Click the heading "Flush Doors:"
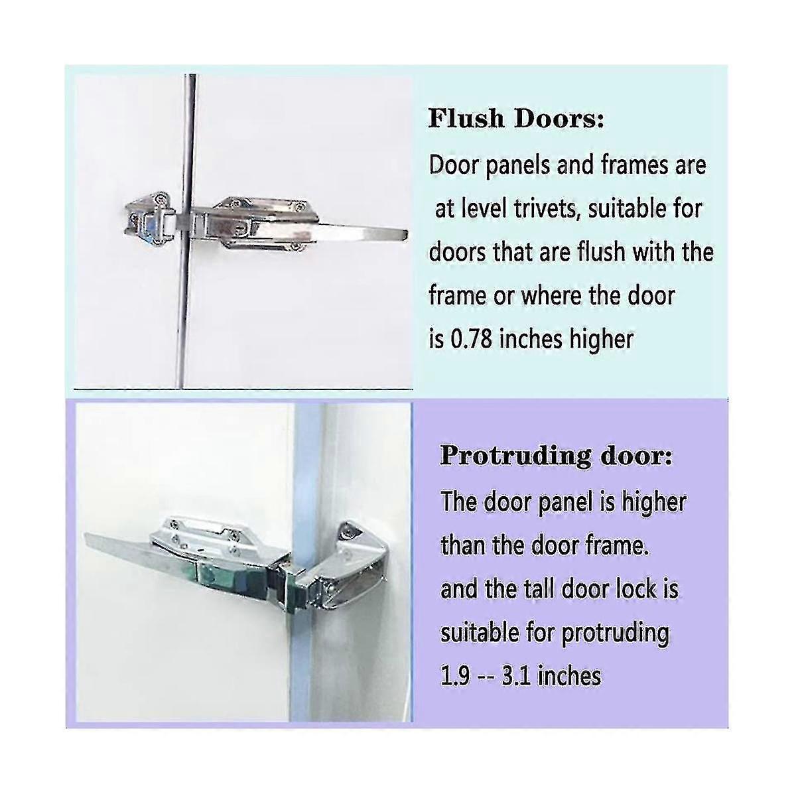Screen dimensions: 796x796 [x=516, y=119]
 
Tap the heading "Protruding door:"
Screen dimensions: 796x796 [x=556, y=457]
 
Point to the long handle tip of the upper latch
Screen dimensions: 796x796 [x=404, y=235]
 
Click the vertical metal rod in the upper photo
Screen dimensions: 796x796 [x=186, y=232]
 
